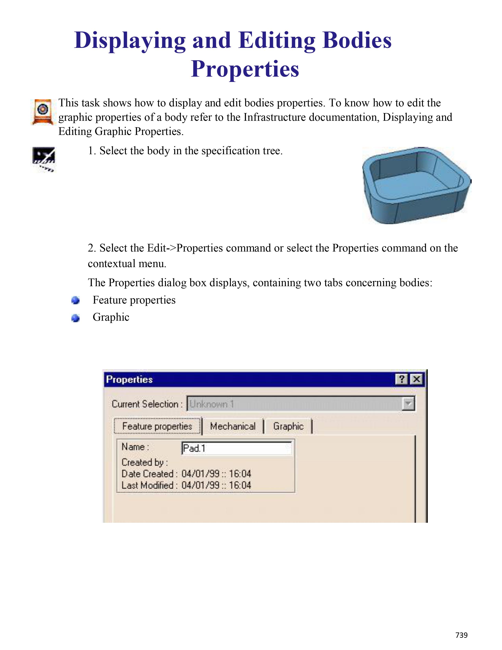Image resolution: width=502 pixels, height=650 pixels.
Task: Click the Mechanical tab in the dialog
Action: [x=232, y=426]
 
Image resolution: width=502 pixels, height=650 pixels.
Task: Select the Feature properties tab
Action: [x=157, y=426]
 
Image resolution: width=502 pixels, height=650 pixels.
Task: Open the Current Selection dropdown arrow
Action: [x=408, y=404]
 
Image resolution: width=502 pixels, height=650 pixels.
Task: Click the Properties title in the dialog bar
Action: [x=129, y=380]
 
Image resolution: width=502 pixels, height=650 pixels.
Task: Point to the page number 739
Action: [x=461, y=635]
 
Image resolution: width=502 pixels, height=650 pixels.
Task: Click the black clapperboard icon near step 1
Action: [x=44, y=159]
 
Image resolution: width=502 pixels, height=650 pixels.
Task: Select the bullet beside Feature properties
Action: [x=76, y=300]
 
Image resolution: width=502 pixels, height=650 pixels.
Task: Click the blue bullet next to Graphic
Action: [x=76, y=318]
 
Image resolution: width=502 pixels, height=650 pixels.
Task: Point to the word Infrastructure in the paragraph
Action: [x=274, y=117]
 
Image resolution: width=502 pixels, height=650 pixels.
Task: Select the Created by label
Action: [x=144, y=462]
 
